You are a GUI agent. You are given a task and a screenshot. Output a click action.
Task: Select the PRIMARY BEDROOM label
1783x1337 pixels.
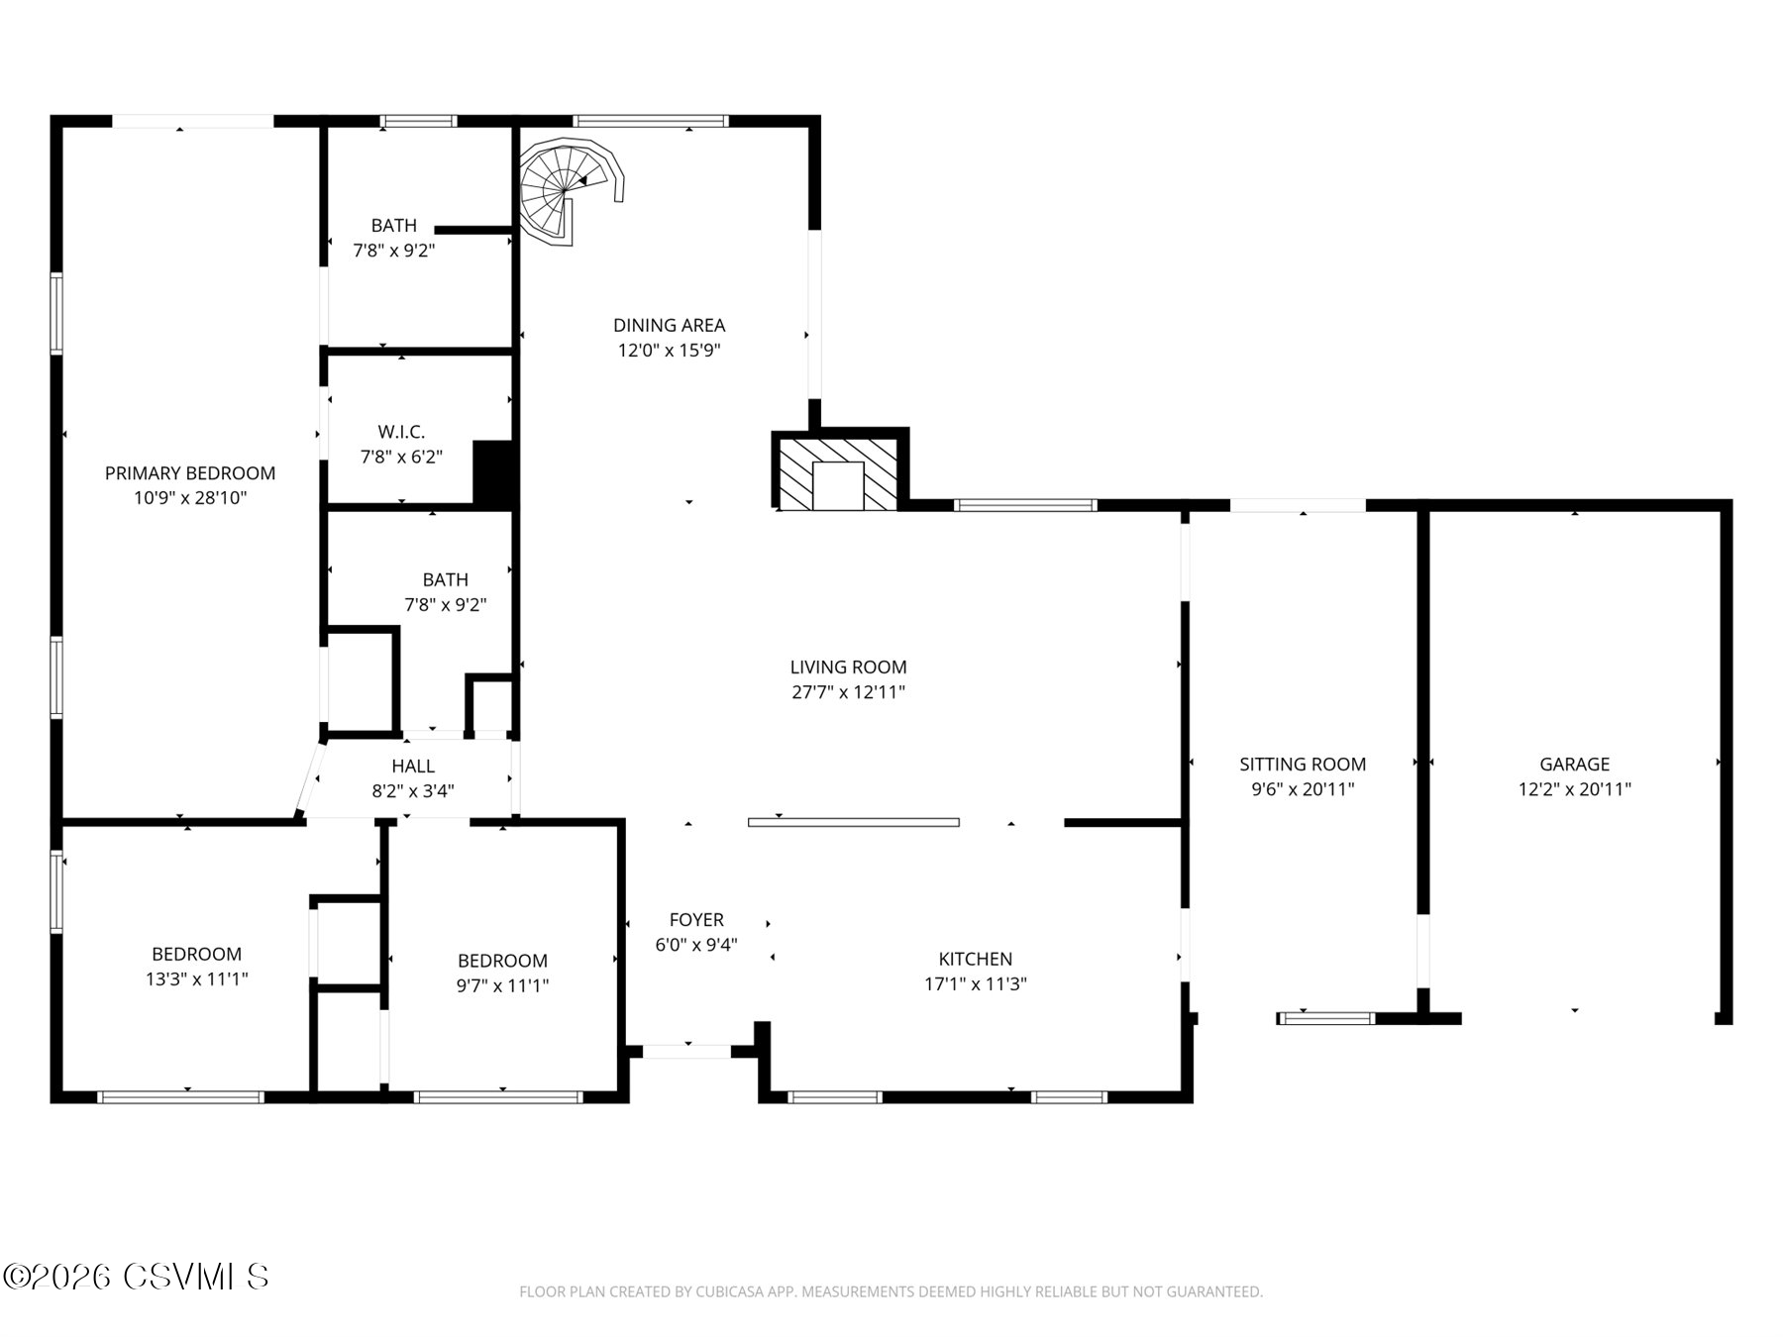point(190,473)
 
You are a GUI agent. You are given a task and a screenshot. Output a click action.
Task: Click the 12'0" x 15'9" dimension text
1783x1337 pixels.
point(670,350)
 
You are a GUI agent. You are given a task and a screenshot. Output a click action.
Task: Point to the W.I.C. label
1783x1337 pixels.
point(401,432)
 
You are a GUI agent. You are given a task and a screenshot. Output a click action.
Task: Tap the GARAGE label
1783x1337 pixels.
point(1574,764)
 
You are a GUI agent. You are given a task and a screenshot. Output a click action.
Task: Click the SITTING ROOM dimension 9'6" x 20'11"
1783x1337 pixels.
point(1303,789)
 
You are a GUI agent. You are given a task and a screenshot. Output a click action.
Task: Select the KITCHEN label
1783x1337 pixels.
point(975,959)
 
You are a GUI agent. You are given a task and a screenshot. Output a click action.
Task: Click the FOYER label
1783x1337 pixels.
point(696,920)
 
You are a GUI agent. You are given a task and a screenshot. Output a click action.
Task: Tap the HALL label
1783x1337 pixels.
point(413,766)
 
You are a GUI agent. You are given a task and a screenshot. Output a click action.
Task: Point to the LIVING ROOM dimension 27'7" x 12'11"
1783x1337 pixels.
point(848,692)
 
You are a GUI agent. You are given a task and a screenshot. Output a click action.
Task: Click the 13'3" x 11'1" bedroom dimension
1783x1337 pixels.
point(196,979)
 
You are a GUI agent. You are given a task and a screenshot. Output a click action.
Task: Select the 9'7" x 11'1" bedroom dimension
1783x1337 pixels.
point(502,985)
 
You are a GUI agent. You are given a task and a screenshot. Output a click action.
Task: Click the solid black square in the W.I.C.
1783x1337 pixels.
point(494,473)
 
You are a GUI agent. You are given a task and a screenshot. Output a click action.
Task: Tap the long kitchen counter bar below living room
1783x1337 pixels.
point(853,822)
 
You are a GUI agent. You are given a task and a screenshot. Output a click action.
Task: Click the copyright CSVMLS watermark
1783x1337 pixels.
point(136,1277)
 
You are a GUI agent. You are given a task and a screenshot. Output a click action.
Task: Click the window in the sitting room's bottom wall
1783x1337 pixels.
point(1325,1017)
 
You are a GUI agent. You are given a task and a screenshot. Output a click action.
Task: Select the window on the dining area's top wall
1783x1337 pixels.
point(651,121)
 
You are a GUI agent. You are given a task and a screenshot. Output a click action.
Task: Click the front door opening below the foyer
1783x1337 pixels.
point(686,1051)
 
